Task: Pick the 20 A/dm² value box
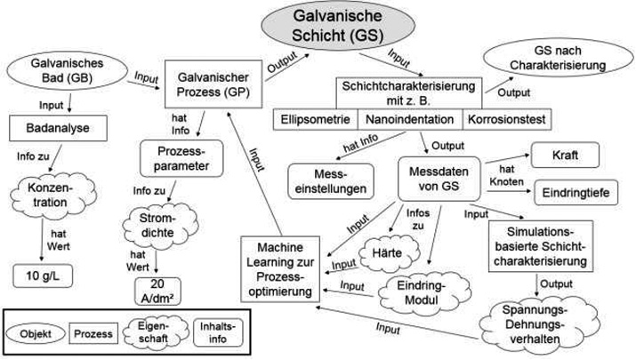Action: [x=157, y=290]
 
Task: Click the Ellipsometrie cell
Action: [x=315, y=118]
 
